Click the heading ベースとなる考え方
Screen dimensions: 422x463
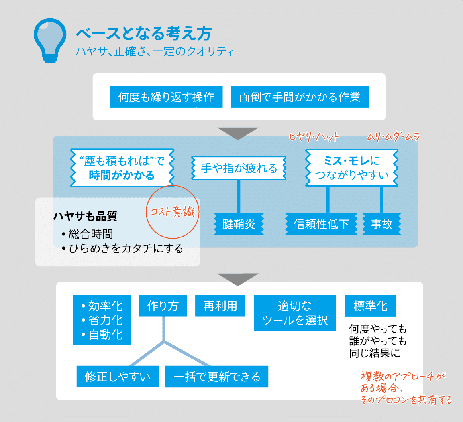click(x=143, y=34)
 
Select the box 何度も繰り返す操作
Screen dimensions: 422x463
click(x=166, y=97)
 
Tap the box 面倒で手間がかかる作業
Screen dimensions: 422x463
click(x=300, y=97)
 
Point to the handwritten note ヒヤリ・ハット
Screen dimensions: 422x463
click(x=314, y=137)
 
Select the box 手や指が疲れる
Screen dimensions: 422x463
click(x=239, y=168)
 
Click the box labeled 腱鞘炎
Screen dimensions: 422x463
click(x=239, y=224)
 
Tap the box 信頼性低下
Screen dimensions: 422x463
click(x=321, y=224)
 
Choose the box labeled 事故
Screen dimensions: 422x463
click(x=381, y=224)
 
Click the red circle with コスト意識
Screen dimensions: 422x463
click(x=173, y=211)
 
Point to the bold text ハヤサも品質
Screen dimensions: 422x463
click(x=85, y=217)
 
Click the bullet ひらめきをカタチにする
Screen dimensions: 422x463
click(x=126, y=248)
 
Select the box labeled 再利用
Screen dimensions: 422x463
click(x=220, y=306)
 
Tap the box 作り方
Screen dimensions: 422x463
click(x=163, y=306)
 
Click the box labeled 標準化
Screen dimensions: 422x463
click(x=370, y=306)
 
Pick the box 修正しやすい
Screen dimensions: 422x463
click(x=118, y=376)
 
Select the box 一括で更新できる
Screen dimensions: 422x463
click(x=216, y=376)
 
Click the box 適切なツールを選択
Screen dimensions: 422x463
click(x=295, y=313)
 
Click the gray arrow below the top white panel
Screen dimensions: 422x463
click(x=238, y=133)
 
